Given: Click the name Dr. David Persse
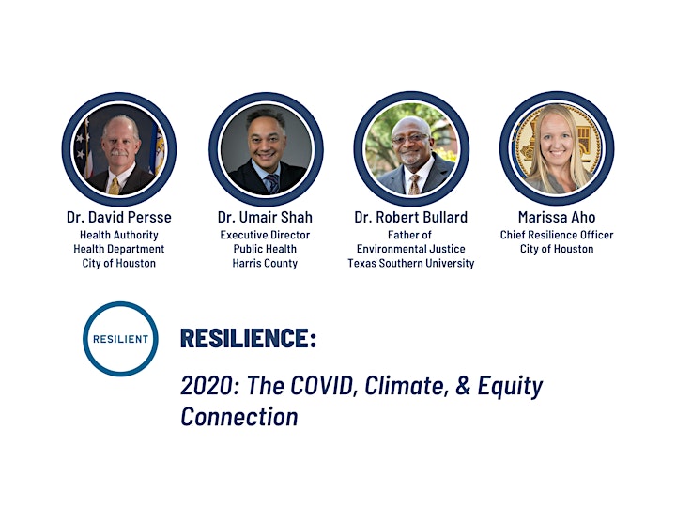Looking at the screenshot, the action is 119,217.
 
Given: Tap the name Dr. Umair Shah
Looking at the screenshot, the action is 265,217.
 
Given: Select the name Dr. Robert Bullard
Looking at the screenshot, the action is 411,217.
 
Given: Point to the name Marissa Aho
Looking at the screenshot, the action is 557,217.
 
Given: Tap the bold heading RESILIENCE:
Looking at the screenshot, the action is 248,337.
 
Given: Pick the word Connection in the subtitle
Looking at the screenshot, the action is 239,417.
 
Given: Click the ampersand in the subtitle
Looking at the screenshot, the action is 463,385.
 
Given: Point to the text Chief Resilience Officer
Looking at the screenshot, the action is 557,235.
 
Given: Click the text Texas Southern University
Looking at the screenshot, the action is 411,263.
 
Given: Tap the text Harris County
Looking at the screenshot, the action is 265,263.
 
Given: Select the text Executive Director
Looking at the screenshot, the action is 265,235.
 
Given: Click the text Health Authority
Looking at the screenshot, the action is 119,235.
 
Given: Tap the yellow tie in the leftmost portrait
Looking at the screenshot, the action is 115,186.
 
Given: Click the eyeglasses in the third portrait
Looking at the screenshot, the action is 409,139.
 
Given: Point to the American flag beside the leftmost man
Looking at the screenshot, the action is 84,148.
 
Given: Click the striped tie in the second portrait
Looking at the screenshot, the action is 272,184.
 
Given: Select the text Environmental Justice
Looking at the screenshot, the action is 411,249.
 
